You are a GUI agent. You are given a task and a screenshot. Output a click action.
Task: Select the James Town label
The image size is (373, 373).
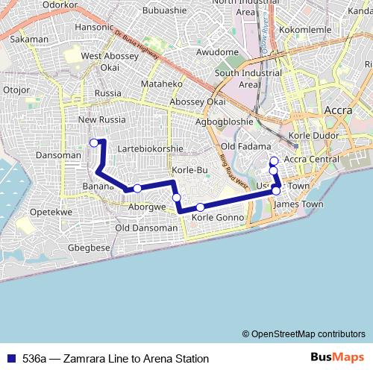pos(304,204)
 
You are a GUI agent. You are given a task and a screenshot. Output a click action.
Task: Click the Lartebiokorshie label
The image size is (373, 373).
pos(150,148)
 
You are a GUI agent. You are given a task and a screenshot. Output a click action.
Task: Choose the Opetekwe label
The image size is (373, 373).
pos(51,211)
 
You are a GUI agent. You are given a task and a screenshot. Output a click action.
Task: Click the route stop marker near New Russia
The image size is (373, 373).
pos(93,142)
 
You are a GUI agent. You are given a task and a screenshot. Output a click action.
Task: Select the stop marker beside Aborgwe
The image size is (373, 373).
pos(137,189)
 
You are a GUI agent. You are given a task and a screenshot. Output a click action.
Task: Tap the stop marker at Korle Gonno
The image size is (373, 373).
pos(200,207)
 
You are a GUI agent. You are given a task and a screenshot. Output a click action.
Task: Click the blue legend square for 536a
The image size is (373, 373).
pos(10,358)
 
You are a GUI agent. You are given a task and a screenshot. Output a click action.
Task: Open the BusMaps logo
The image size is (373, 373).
pos(336,357)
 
